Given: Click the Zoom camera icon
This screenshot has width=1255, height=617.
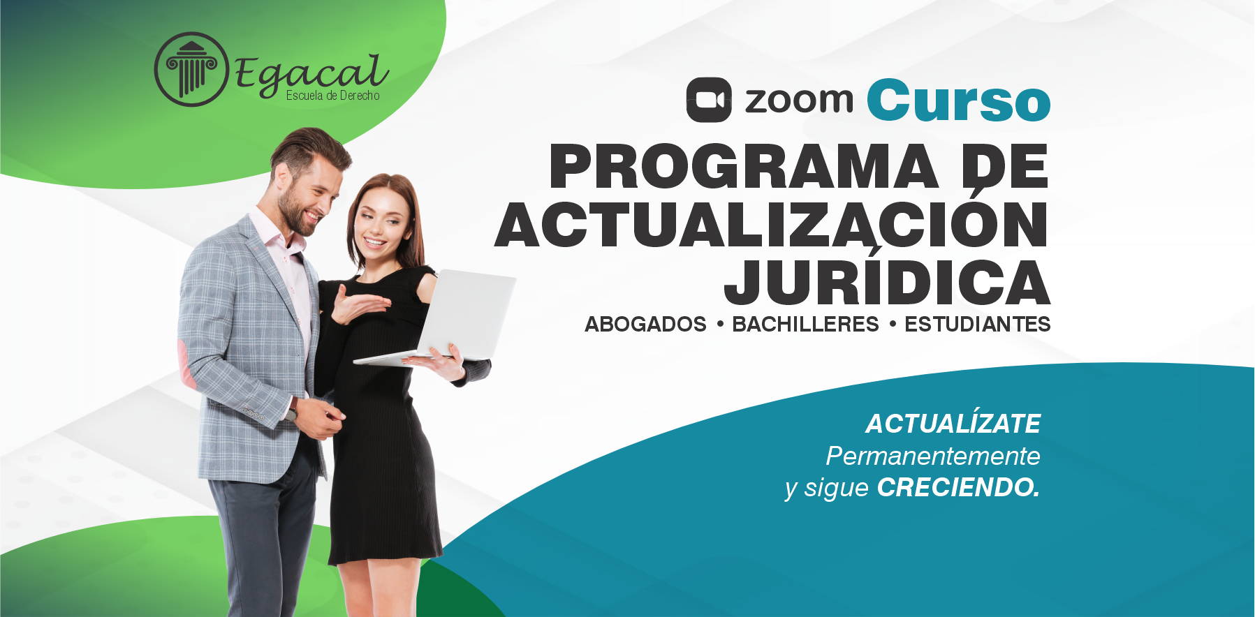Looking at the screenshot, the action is pos(709,100).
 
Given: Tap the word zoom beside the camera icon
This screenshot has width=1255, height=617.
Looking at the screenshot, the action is pos(799,101).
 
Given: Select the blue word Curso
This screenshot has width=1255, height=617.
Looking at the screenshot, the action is pos(959,100).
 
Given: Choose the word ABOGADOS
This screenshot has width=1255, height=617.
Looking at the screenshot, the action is pos(645,325).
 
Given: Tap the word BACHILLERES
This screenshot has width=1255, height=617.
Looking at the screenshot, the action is pos(805,325).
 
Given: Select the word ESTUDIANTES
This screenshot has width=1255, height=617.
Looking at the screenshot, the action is pos(978,325).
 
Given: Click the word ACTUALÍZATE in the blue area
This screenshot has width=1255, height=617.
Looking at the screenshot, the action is pos(953,423).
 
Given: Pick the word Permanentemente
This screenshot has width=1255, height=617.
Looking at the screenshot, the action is pos(933,456).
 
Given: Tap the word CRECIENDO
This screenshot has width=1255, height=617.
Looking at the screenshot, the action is pos(959,487).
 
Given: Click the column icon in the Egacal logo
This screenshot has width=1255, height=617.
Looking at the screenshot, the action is pos(191,69).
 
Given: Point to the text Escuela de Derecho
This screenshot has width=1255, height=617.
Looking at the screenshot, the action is pos(333,96).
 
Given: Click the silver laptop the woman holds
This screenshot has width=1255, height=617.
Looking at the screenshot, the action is pos(437,318).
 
